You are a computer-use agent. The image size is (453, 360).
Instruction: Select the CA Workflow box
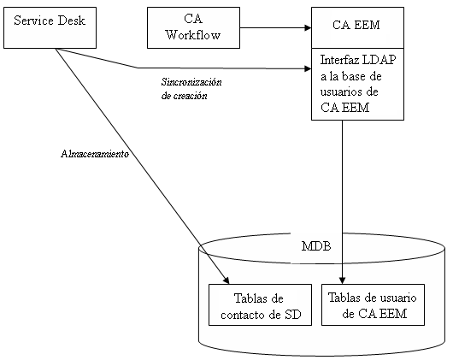click(192, 27)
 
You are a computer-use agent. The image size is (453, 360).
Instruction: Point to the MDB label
click(315, 246)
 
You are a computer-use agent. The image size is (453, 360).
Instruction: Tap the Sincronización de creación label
click(191, 89)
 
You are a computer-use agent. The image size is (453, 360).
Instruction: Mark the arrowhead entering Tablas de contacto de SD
click(227, 279)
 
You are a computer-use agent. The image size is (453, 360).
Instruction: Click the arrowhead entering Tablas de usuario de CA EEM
click(343, 279)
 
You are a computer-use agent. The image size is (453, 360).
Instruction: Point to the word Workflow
click(192, 35)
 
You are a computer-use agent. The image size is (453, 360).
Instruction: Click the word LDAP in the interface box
click(374, 61)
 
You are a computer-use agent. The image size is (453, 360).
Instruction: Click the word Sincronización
click(191, 82)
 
